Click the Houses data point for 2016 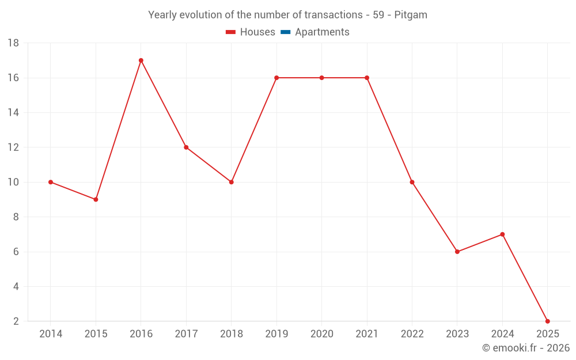(x=141, y=60)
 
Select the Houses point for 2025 (x=547, y=321)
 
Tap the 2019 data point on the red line (x=276, y=78)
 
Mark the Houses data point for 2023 (x=457, y=252)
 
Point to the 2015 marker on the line (x=96, y=199)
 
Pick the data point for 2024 (x=502, y=234)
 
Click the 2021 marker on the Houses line (x=367, y=78)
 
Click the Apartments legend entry (x=322, y=32)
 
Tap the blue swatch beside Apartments (x=285, y=32)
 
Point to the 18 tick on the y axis (x=13, y=43)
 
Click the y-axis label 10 (x=13, y=182)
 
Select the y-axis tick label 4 (x=16, y=286)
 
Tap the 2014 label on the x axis (x=51, y=334)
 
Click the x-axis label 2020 (x=321, y=334)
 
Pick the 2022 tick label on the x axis (x=412, y=334)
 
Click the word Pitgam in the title (x=411, y=15)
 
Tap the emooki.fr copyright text (x=526, y=348)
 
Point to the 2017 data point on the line (x=186, y=147)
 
